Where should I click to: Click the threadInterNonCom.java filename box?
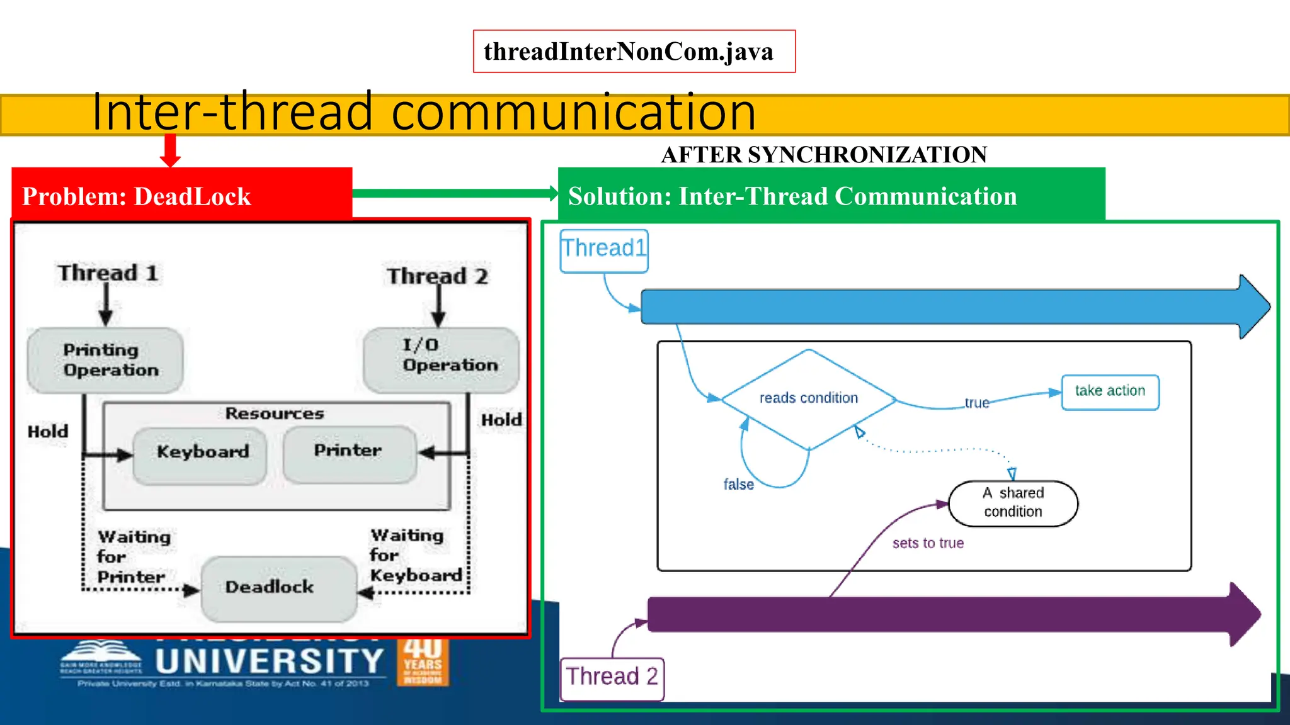[634, 52]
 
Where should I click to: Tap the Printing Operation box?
[105, 360]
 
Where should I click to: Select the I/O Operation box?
[441, 359]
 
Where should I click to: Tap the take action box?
[1110, 391]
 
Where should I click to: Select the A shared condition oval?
[1013, 503]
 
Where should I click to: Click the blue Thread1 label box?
[603, 250]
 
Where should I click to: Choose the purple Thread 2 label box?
[612, 678]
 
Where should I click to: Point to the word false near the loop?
[738, 485]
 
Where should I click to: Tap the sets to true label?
[928, 543]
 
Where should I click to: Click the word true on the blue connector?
[977, 403]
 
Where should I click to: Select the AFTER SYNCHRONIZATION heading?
[824, 155]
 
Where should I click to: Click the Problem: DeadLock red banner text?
[137, 196]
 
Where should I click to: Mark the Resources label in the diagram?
[275, 413]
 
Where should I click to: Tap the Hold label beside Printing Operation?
[48, 432]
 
